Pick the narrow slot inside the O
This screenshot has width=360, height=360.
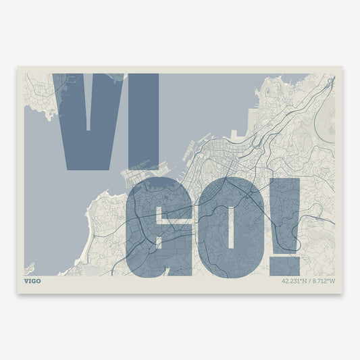click(x=229, y=230)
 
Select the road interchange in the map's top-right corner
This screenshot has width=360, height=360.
click(x=327, y=84)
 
